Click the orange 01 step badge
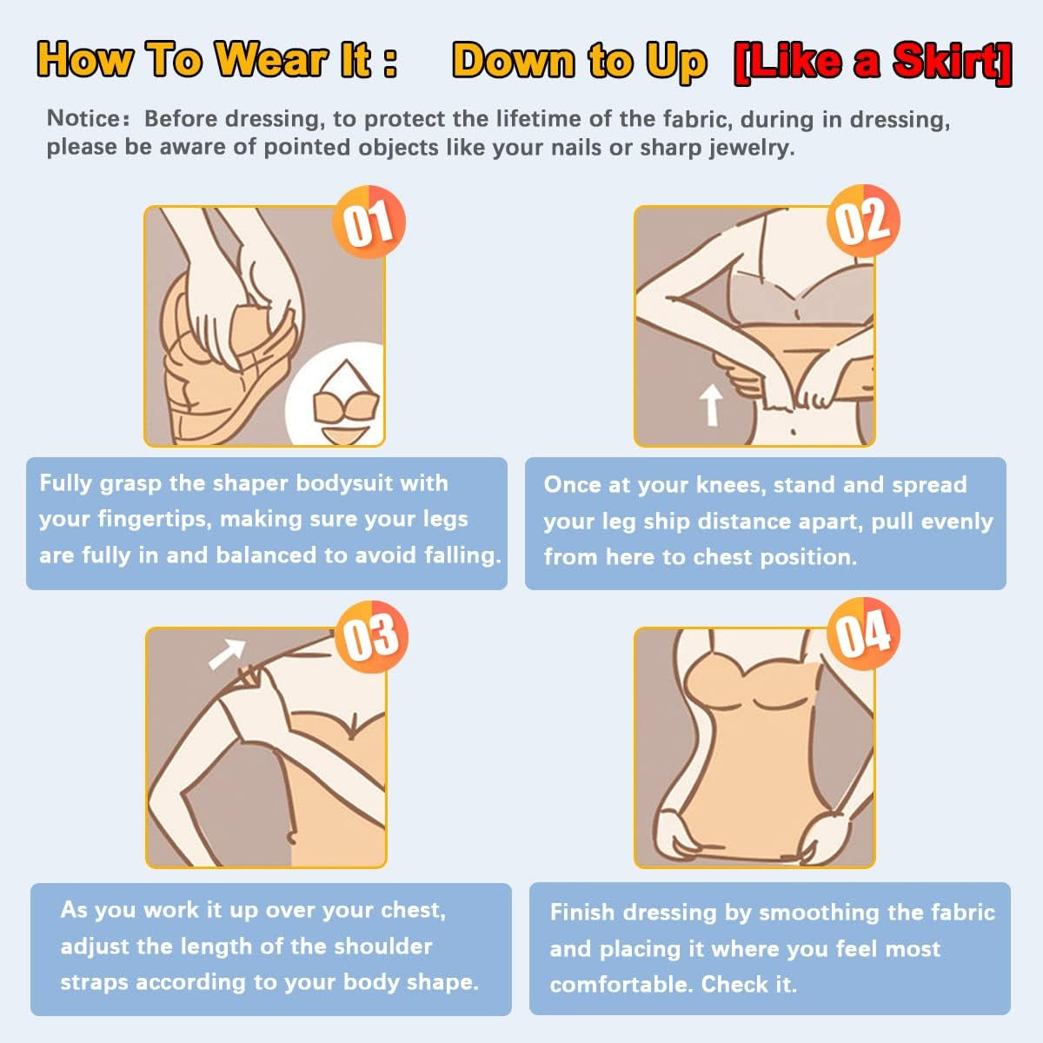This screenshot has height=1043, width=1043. pos(369,222)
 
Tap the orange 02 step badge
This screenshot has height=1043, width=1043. pos(863,221)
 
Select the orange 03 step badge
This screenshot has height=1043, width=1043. pos(371,636)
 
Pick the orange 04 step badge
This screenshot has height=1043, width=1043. pos(863,634)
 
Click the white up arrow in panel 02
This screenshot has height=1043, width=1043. pos(711,405)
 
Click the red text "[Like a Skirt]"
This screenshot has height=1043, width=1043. pos(873,63)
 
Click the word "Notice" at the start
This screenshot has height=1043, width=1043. pos(85,118)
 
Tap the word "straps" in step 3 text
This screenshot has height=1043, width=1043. pos(94,983)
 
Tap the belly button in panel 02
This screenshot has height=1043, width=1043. pos(794,431)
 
